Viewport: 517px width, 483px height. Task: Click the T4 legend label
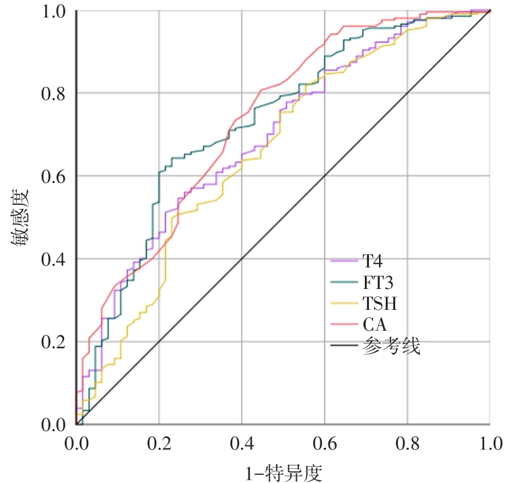coord(372,261)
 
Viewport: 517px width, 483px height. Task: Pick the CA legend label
coord(372,326)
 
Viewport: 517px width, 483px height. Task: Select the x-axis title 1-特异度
coord(283,471)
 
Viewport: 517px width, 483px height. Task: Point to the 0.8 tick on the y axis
coord(53,94)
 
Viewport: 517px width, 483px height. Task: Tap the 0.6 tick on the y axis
coord(53,176)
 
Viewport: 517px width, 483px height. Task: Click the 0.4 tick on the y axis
coord(53,259)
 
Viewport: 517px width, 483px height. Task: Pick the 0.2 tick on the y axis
coord(53,342)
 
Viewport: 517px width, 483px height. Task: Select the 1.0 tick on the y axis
coord(53,11)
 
